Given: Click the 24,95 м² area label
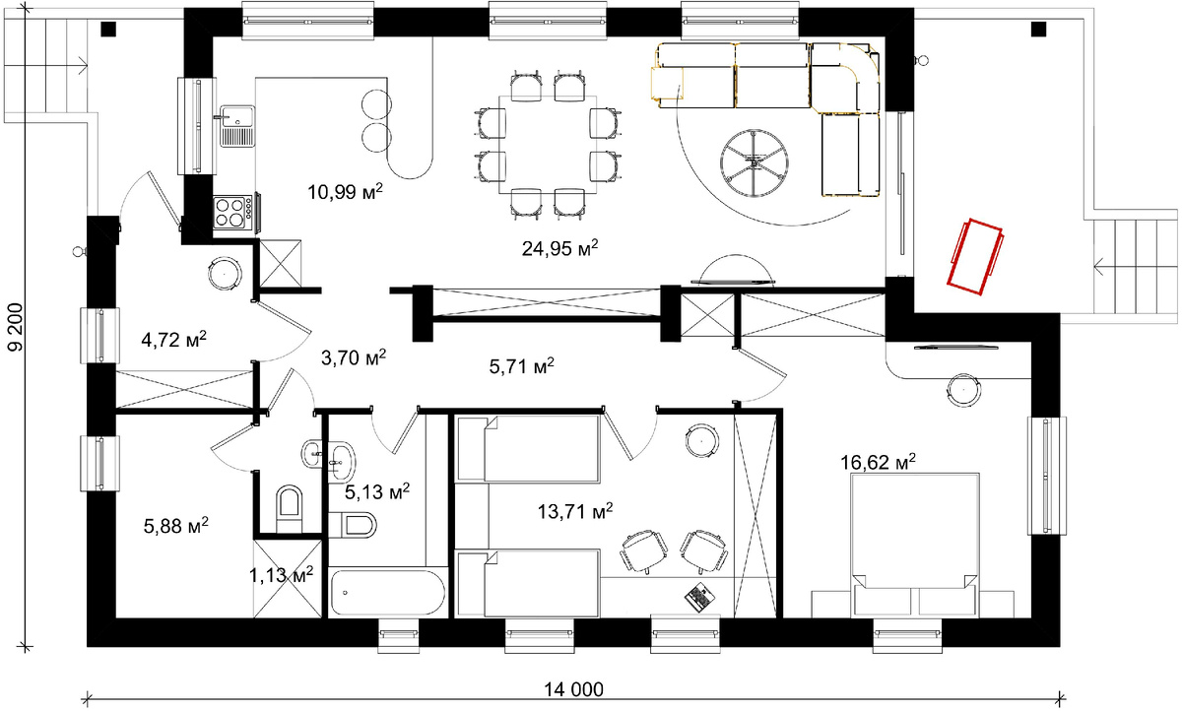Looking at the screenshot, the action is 559,248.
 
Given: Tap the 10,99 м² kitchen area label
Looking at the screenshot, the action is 345,191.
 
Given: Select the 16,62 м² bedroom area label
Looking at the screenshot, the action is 878,462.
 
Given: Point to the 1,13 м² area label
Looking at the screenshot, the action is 282,575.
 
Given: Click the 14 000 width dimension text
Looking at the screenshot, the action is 573,689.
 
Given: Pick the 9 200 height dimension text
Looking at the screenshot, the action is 16,327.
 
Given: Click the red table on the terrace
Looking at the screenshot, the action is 976,256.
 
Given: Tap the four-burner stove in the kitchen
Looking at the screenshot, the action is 232,212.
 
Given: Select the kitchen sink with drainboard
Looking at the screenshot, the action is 237,126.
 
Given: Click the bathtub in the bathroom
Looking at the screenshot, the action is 388,592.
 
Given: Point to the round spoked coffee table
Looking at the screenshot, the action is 755,162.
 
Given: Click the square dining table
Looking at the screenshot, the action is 548,145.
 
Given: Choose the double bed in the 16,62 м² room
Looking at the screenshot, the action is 915,545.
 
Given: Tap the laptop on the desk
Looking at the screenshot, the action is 699,597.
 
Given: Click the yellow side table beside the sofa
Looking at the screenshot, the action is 667,84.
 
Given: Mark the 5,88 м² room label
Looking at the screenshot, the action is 175,525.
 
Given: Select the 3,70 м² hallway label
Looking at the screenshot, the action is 354,357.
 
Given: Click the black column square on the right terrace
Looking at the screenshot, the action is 1038,29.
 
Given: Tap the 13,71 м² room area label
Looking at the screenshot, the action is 574,511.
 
